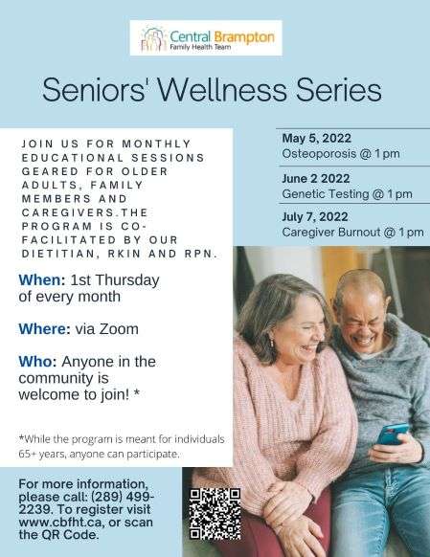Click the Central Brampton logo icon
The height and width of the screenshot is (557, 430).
(154, 38)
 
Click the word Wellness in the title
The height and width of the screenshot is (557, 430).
(221, 90)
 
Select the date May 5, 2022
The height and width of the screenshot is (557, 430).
(317, 138)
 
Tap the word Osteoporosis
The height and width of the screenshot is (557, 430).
(319, 154)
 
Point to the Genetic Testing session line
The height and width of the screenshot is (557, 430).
(348, 194)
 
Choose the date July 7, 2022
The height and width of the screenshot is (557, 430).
(315, 216)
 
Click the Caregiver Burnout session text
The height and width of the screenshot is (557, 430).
(352, 232)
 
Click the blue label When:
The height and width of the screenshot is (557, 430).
(42, 279)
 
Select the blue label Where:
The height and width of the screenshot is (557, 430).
(44, 329)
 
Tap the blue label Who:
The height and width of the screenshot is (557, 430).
(37, 362)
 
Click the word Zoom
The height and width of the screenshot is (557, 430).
(119, 329)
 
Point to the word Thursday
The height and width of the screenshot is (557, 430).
(127, 280)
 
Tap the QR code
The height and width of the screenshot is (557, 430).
(215, 514)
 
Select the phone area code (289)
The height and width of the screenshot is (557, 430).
(108, 497)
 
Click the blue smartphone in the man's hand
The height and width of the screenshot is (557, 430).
(393, 434)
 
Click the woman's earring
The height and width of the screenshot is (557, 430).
(272, 344)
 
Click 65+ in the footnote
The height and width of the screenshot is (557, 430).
(27, 455)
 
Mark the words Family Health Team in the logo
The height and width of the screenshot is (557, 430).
(200, 47)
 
